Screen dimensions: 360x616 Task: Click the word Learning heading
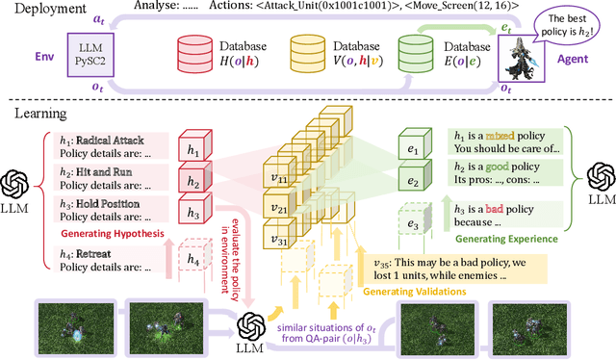pos(39,114)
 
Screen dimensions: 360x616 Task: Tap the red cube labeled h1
pos(193,151)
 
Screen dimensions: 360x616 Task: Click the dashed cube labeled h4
pos(193,259)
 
